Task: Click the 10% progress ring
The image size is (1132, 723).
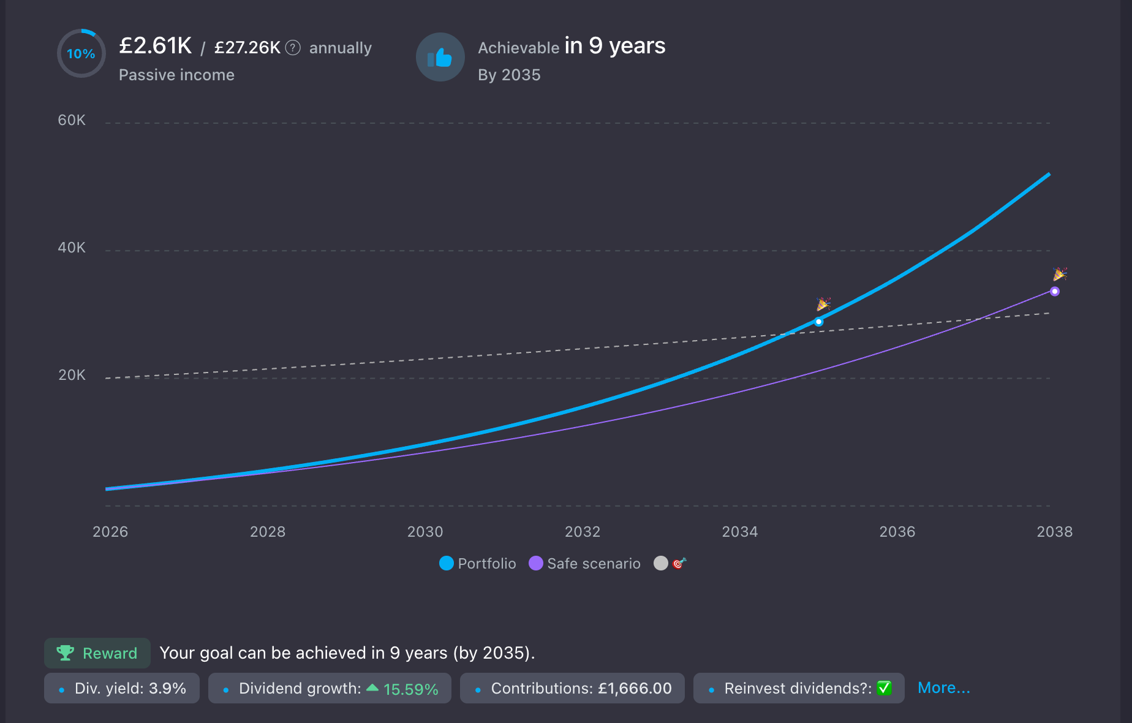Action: pyautogui.click(x=81, y=54)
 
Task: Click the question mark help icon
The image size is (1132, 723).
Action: pyautogui.click(x=293, y=47)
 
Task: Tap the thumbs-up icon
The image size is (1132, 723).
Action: pyautogui.click(x=440, y=58)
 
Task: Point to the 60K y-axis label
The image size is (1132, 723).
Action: pyautogui.click(x=72, y=120)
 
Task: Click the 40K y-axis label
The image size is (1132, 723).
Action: pyautogui.click(x=72, y=248)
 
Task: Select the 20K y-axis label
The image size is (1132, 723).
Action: pyautogui.click(x=72, y=375)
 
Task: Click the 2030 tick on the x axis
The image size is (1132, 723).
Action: pyautogui.click(x=425, y=531)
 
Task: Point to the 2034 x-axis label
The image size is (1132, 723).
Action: pyautogui.click(x=740, y=531)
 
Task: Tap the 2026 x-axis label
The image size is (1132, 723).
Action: pyautogui.click(x=110, y=531)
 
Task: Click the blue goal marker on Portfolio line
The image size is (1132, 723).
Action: pyautogui.click(x=818, y=322)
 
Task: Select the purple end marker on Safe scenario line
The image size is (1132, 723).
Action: pyautogui.click(x=1054, y=292)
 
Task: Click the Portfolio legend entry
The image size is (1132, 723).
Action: pyautogui.click(x=478, y=563)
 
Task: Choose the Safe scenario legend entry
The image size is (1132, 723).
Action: pyautogui.click(x=585, y=563)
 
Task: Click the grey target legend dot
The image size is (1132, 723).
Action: pyautogui.click(x=661, y=563)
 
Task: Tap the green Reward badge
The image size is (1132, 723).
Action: pyautogui.click(x=97, y=653)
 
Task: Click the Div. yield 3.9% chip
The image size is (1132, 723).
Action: pyautogui.click(x=122, y=688)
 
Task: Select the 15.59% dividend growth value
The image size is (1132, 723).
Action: pyautogui.click(x=410, y=689)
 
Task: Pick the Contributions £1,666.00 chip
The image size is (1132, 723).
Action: pyautogui.click(x=572, y=688)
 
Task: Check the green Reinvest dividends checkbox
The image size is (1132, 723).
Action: pyautogui.click(x=884, y=688)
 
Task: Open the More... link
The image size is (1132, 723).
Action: pyautogui.click(x=943, y=688)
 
